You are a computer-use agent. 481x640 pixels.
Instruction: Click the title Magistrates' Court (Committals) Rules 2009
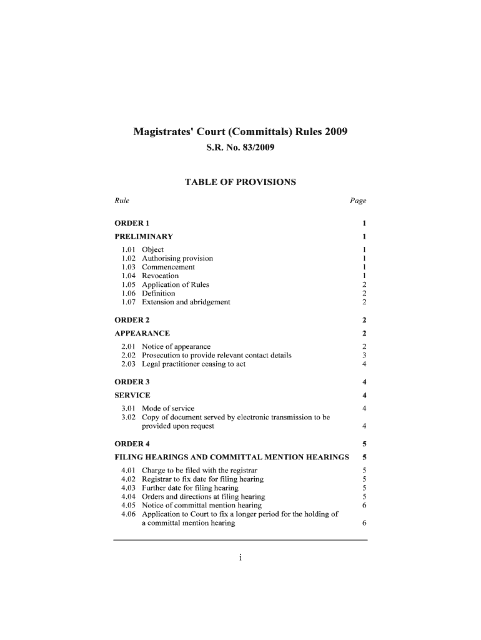(x=241, y=132)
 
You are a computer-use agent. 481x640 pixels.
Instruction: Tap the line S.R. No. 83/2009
(x=241, y=149)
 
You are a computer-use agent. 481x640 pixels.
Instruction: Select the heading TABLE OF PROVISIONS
(x=241, y=182)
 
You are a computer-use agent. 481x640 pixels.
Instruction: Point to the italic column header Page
(x=358, y=201)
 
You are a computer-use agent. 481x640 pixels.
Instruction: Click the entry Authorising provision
(x=177, y=258)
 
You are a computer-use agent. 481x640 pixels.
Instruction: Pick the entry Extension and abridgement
(x=186, y=302)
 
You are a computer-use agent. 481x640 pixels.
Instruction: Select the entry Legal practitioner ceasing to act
(x=194, y=364)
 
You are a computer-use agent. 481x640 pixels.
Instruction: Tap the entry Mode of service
(x=168, y=409)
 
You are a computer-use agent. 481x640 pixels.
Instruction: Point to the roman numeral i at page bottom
(x=241, y=559)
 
